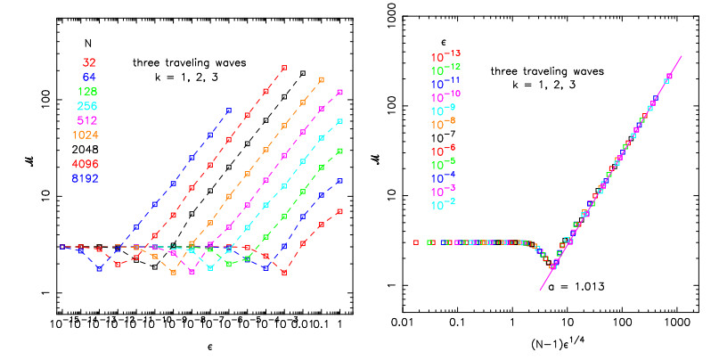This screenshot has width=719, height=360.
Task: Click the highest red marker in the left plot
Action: tap(284, 68)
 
